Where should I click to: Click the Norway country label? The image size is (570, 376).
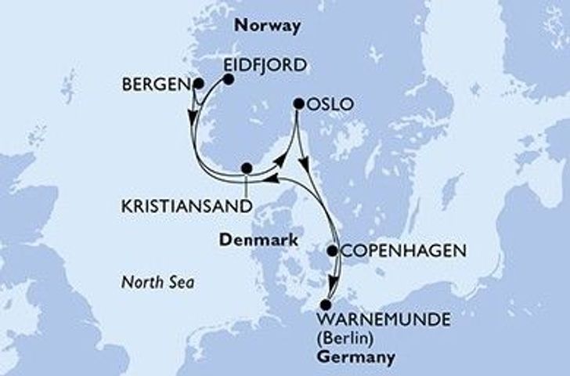pyautogui.click(x=266, y=26)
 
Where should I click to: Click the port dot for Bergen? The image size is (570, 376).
pyautogui.click(x=198, y=83)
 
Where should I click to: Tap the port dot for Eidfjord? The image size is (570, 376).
pyautogui.click(x=229, y=79)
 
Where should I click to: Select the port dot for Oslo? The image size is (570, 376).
pyautogui.click(x=298, y=103)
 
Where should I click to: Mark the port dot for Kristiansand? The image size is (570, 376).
pyautogui.click(x=247, y=168)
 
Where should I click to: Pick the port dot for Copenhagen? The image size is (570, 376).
pyautogui.click(x=332, y=251)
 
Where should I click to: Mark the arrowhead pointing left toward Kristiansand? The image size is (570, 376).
pyautogui.click(x=268, y=180)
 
